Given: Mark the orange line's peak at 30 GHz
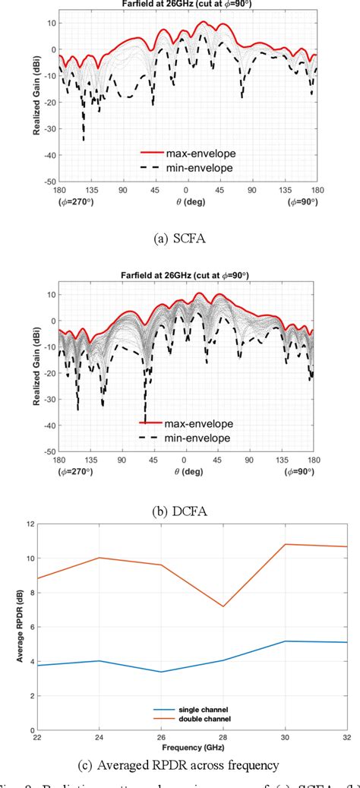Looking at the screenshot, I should tap(283, 544).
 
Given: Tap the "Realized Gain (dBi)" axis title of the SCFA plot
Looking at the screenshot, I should tap(36, 95).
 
